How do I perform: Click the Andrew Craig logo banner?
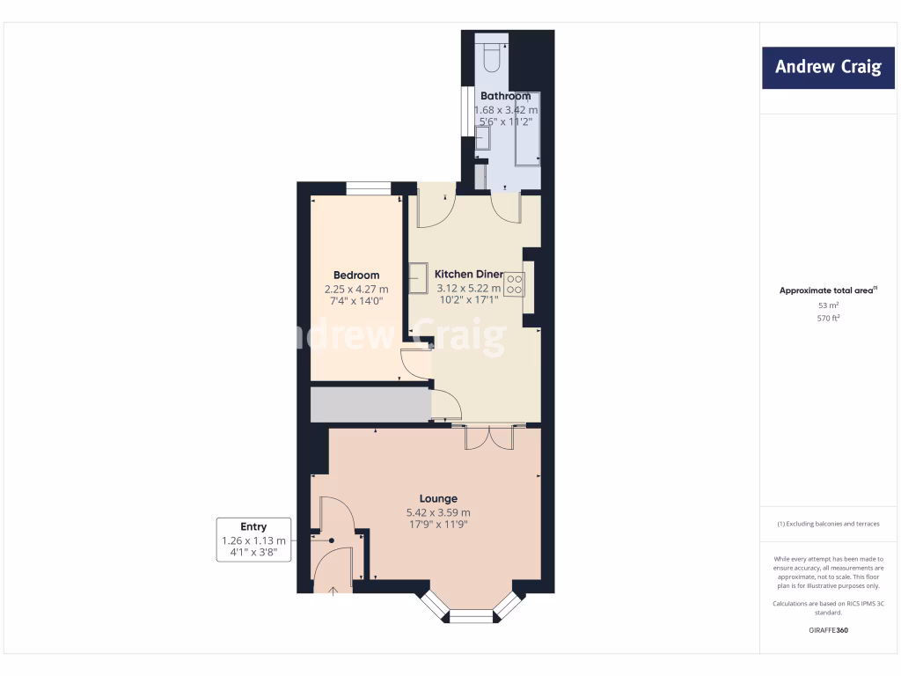pos(827,68)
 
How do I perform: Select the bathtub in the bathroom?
pos(527,128)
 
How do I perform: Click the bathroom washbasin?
pos(482,139)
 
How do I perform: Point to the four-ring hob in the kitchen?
pos(514,283)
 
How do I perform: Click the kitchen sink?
pos(419,279)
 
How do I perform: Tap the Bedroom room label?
pos(356,276)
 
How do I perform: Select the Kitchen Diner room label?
pos(469,275)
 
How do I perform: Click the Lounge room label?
pos(438,499)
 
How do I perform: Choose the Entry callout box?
pos(253,540)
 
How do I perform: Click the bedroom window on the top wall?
pos(368,187)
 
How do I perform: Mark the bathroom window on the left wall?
pos(466,111)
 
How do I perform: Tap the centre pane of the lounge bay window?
pos(472,617)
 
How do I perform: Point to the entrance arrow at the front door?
pos(333,591)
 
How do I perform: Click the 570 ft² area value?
pos(827,318)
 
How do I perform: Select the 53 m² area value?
pos(827,305)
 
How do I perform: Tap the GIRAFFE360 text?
pos(827,630)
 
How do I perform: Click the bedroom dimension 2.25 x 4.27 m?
pos(356,289)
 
